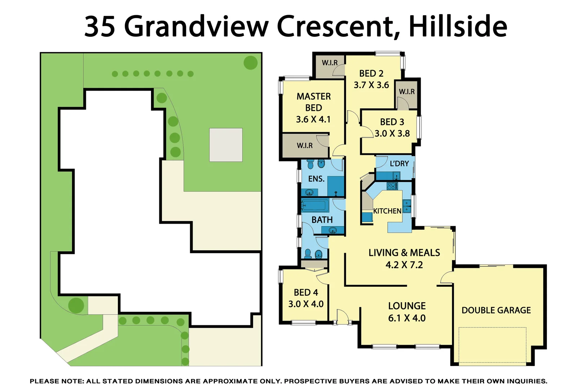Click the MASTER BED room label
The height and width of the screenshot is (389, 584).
(313, 102)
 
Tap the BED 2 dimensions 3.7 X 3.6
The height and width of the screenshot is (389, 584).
(371, 85)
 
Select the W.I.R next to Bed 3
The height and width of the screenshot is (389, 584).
(407, 91)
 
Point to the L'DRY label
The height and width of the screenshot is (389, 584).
(399, 164)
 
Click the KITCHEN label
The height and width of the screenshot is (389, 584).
(387, 211)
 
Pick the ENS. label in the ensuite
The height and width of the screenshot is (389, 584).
(316, 179)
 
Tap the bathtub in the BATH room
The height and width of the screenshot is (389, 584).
(315, 206)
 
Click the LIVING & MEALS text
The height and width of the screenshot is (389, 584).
(404, 253)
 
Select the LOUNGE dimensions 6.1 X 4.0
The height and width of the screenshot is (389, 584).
(407, 318)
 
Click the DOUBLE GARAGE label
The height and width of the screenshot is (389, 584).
(496, 310)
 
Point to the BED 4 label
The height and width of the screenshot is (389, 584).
(306, 292)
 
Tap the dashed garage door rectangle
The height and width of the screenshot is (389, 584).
(492, 345)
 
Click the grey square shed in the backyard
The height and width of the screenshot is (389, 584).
(226, 145)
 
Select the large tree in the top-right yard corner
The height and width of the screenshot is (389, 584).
(251, 63)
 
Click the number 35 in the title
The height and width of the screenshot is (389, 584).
(100, 26)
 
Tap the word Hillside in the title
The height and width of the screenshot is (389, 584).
(458, 26)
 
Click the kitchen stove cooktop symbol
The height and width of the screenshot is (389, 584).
(392, 186)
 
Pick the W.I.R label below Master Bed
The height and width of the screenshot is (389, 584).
(305, 146)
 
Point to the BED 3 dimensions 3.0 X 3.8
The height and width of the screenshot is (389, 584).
(392, 134)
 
